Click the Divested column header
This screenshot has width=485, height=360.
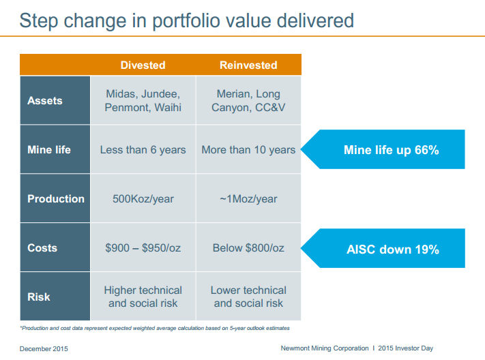pyautogui.click(x=143, y=65)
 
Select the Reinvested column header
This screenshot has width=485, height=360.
pyautogui.click(x=248, y=65)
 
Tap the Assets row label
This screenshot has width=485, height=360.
pyautogui.click(x=45, y=100)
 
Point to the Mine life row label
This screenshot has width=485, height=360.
pyautogui.click(x=49, y=149)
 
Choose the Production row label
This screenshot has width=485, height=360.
pyautogui.click(x=56, y=199)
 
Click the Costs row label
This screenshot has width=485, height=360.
pyautogui.click(x=42, y=248)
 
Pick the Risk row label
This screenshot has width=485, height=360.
pyautogui.click(x=40, y=297)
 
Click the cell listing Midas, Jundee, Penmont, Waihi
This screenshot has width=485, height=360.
pyautogui.click(x=143, y=100)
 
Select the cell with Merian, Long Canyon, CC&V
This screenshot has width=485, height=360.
pyautogui.click(x=248, y=100)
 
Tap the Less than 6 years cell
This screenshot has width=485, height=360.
pyautogui.click(x=143, y=149)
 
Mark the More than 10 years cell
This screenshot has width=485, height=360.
pyautogui.click(x=248, y=149)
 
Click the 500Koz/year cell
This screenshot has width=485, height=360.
pyautogui.click(x=143, y=199)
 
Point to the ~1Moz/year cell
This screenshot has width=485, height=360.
pyautogui.click(x=248, y=199)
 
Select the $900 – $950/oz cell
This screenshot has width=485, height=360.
pyautogui.click(x=143, y=248)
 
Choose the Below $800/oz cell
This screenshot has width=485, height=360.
pyautogui.click(x=248, y=248)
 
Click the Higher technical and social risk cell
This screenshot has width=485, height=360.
pyautogui.click(x=143, y=297)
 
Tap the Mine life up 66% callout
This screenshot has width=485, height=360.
pyautogui.click(x=391, y=149)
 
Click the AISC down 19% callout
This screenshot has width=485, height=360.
pyautogui.click(x=391, y=249)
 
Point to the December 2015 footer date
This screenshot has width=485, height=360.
pyautogui.click(x=44, y=348)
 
